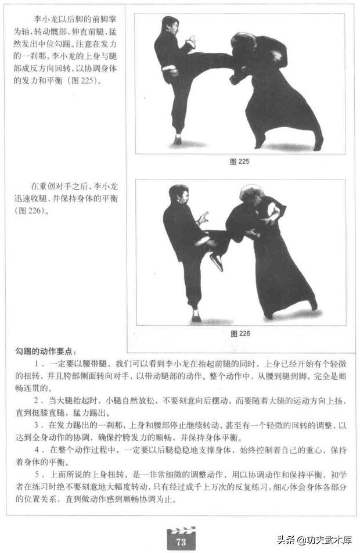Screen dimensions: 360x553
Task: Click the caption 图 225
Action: point(239,161)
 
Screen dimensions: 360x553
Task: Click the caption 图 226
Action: point(240,333)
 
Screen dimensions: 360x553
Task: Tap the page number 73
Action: point(181,541)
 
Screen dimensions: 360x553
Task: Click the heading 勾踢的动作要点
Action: point(45,351)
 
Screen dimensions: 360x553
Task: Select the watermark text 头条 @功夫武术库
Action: point(315,540)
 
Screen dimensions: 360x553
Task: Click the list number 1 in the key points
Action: point(37,364)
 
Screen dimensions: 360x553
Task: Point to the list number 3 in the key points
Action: point(37,425)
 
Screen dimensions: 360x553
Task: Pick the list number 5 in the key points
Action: point(37,475)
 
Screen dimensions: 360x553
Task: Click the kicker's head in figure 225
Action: point(170,26)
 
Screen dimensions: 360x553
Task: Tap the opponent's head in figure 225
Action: point(243,43)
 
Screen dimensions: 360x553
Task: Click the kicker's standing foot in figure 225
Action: point(177,139)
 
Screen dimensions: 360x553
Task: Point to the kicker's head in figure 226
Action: point(178,195)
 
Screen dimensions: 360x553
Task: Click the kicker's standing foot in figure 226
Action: point(196,316)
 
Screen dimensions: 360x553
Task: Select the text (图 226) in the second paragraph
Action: point(31,210)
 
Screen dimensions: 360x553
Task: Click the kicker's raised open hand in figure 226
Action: point(203,218)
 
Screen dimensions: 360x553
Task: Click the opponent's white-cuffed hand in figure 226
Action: point(272,214)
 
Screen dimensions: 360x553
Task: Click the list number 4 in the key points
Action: point(37,450)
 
